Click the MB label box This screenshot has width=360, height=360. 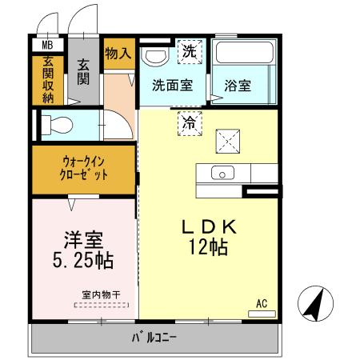(x=48, y=46)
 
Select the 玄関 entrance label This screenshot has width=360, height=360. (x=84, y=72)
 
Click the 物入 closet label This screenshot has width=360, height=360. (x=118, y=54)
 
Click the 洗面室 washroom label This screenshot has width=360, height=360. (x=172, y=86)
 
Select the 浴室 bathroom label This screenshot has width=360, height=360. (x=238, y=86)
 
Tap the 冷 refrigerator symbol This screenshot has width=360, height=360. (x=189, y=123)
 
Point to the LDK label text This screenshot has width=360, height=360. (x=209, y=227)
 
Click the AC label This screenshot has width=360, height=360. (x=262, y=303)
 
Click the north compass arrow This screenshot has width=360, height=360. (x=314, y=304)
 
